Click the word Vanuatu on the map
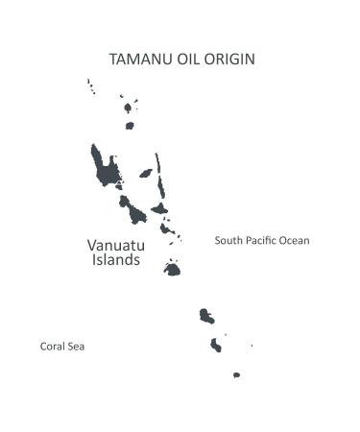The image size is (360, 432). [119, 245]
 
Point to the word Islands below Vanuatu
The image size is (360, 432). [116, 260]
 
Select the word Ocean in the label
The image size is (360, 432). [295, 241]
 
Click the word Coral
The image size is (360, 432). [54, 347]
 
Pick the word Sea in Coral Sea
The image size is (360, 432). [78, 347]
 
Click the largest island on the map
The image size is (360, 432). [106, 168]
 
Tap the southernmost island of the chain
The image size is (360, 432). [236, 375]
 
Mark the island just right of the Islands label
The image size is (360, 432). [172, 270]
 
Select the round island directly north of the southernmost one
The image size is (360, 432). [216, 345]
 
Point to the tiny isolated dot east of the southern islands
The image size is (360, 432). [252, 346]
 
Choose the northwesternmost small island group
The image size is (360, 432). [91, 86]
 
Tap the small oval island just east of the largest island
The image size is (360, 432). [146, 174]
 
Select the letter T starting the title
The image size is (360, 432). [114, 60]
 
